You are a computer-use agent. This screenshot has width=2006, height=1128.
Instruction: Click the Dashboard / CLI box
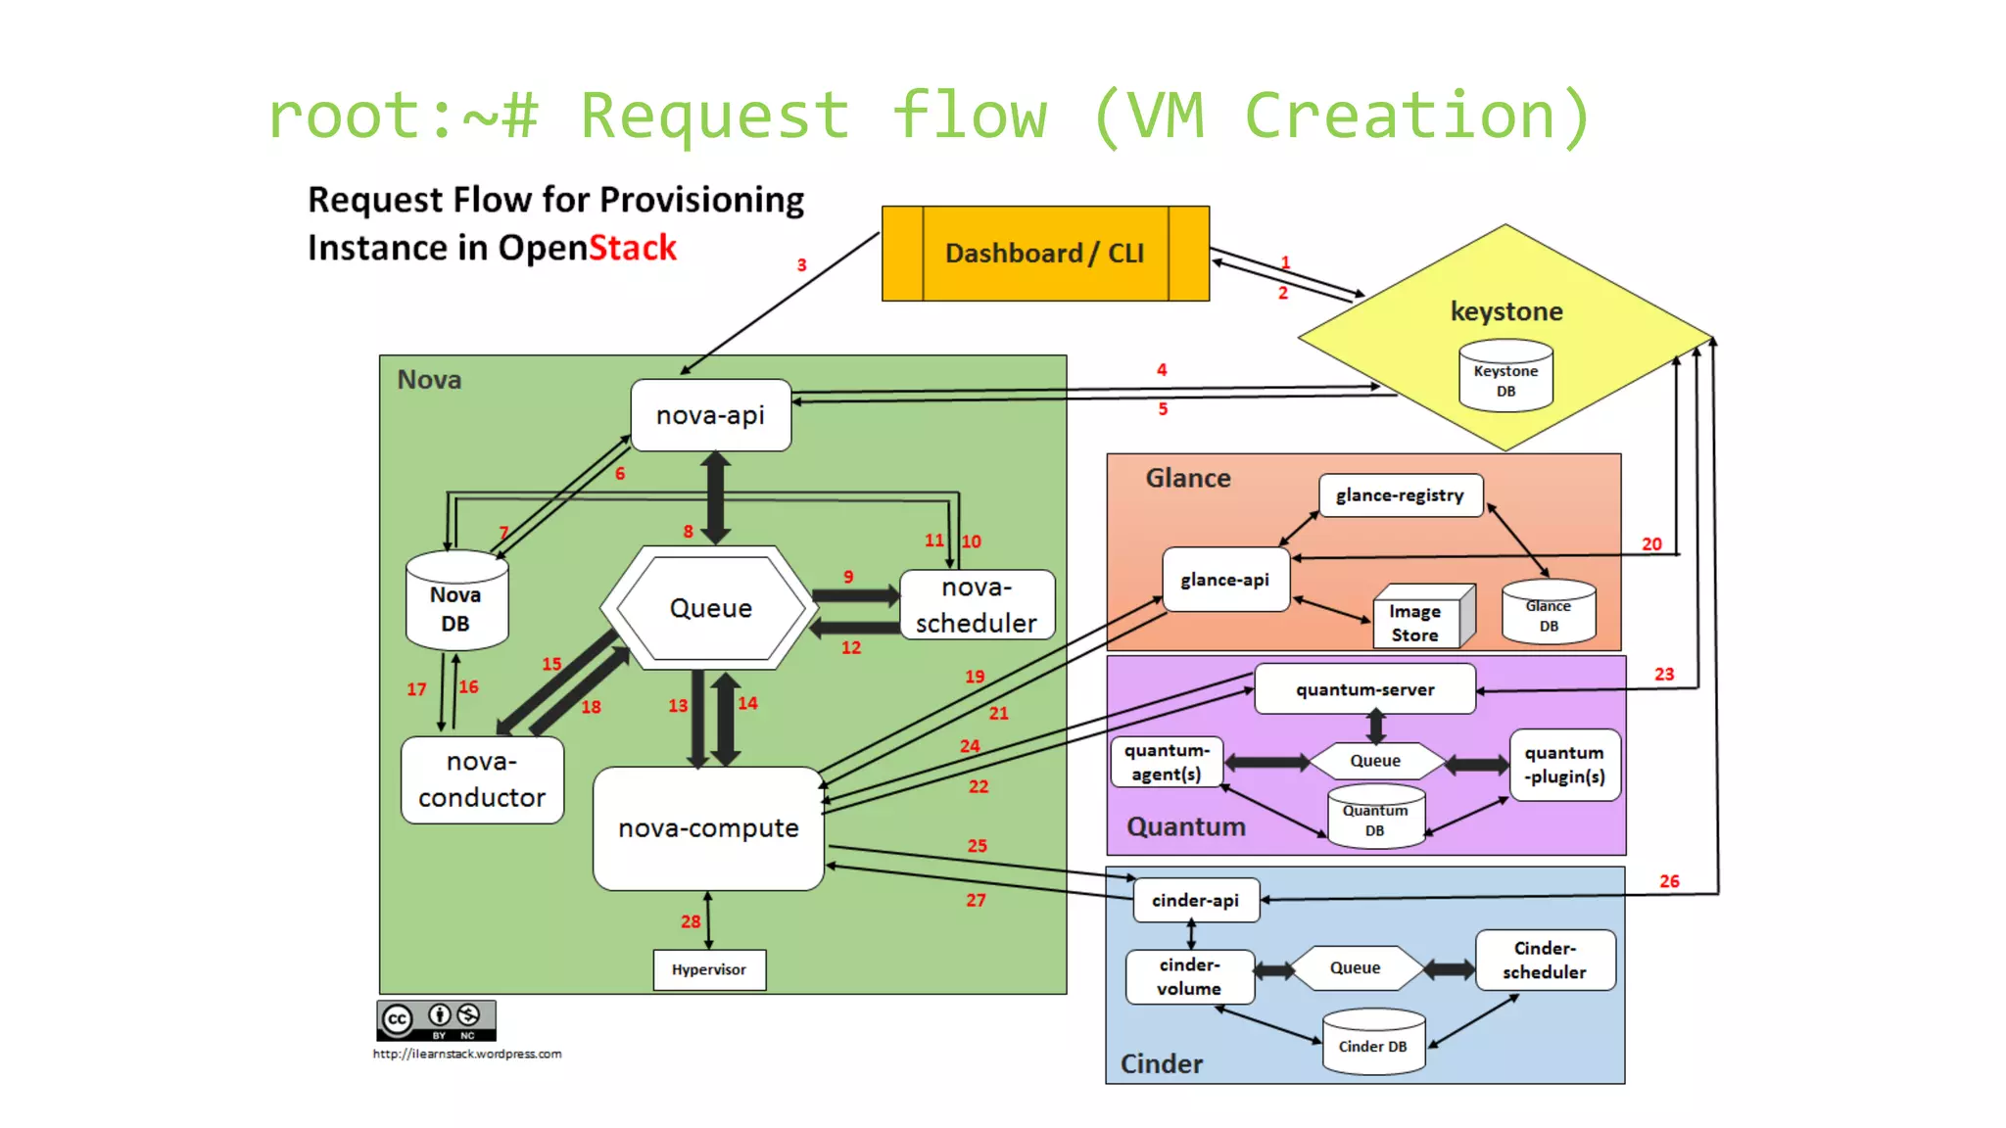[1044, 254]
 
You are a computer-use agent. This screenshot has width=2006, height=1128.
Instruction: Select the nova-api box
[710, 415]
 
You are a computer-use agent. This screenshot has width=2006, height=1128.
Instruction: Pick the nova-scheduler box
[977, 605]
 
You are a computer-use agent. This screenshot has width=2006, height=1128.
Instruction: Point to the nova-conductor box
[482, 780]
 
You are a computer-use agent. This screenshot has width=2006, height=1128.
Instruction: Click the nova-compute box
[708, 828]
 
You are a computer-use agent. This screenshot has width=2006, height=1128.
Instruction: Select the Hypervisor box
[709, 969]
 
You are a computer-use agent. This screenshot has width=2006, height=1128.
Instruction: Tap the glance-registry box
[1400, 495]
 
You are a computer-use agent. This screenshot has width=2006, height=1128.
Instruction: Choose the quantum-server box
[1364, 689]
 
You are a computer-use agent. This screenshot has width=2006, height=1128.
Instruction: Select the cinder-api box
[1195, 901]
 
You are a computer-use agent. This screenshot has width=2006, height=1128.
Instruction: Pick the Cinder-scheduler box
[1545, 961]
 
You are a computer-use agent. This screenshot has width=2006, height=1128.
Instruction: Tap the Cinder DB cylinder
[1373, 1045]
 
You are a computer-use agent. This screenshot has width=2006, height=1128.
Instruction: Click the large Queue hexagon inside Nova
[710, 608]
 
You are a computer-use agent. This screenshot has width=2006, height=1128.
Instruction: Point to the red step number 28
[691, 921]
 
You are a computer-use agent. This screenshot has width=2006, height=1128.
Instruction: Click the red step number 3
[801, 265]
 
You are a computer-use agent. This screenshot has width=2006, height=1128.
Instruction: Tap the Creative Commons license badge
[436, 1020]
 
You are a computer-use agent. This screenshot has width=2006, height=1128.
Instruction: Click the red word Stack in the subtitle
[633, 248]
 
